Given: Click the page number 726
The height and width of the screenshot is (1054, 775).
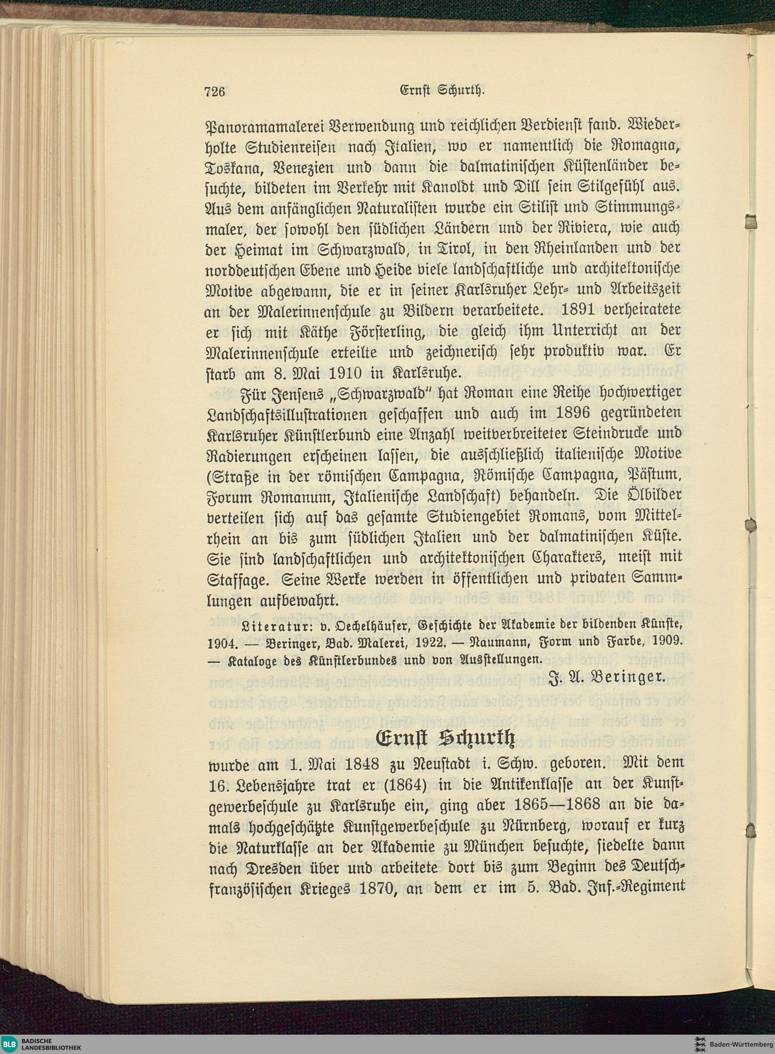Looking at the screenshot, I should [x=215, y=91].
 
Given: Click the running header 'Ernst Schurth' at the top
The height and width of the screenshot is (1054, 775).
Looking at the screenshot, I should [x=441, y=89].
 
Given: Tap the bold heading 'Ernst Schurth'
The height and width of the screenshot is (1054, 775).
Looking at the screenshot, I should [x=445, y=738].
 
